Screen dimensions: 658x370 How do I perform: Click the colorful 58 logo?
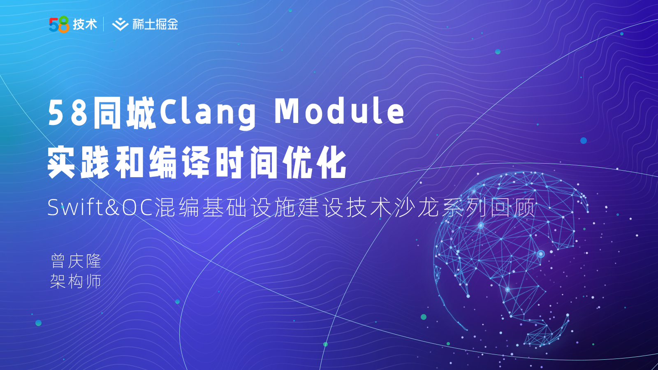59,24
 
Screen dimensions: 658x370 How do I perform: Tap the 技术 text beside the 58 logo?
85,24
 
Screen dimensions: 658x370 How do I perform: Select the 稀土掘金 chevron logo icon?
120,24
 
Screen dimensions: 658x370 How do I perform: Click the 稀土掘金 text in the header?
155,24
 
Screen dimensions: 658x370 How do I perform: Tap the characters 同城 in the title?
124,113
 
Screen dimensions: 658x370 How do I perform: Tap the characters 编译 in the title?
179,162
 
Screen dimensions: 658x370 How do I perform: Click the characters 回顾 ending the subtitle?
513,208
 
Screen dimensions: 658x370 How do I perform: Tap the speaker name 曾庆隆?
76,261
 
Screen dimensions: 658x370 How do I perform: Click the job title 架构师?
76,281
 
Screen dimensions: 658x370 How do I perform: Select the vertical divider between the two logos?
104,24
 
